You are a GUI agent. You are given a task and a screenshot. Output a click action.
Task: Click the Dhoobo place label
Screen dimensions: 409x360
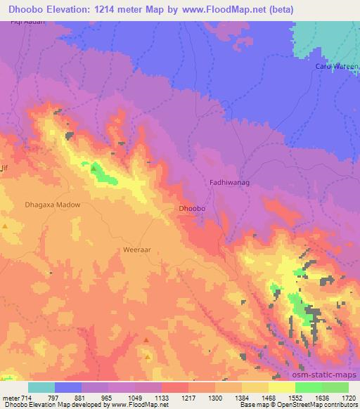[x=192, y=209]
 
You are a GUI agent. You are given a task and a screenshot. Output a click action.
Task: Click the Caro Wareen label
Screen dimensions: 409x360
[x=336, y=66]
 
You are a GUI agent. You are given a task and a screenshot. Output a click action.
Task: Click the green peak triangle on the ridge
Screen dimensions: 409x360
[x=94, y=167]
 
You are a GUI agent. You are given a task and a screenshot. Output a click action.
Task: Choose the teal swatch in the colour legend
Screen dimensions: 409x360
[x=41, y=387]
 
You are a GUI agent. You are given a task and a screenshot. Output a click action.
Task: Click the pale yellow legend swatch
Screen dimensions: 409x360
[x=281, y=387]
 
